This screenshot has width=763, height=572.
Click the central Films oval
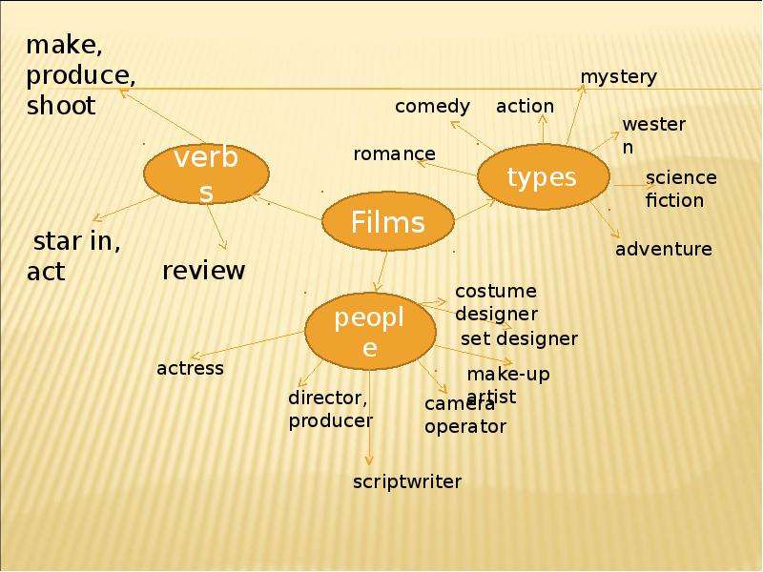(388, 221)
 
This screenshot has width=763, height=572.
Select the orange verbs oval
(206, 174)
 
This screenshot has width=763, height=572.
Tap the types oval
(543, 176)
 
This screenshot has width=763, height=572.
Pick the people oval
(370, 331)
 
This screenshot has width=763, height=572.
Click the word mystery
(618, 77)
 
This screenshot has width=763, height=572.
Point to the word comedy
(432, 107)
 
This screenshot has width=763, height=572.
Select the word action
(526, 106)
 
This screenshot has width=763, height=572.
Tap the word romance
(394, 154)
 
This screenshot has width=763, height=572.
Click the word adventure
(664, 249)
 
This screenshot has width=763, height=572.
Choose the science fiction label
(681, 189)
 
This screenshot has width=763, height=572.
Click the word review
(203, 271)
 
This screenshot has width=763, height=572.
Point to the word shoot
(61, 106)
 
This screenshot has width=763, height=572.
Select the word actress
(190, 369)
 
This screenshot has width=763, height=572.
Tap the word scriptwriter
(407, 481)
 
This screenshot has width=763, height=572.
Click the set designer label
(519, 338)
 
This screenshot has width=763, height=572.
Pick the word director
(326, 398)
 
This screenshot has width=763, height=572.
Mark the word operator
(465, 427)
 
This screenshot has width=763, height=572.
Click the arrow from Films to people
(382, 272)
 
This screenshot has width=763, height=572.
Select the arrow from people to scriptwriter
(369, 418)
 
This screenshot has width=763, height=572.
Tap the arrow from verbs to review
(217, 227)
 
